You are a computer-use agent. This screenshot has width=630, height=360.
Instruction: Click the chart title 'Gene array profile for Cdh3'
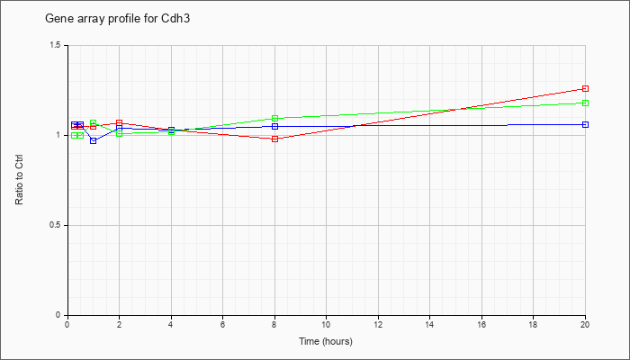(117, 19)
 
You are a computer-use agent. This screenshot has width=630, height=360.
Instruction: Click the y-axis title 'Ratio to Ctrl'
(19, 179)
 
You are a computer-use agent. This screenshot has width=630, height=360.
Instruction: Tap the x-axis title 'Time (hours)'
(326, 341)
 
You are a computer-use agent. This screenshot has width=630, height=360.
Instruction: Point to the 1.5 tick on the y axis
(56, 45)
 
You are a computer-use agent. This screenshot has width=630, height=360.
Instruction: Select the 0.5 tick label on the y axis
(56, 225)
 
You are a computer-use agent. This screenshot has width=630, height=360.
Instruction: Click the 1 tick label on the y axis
(59, 135)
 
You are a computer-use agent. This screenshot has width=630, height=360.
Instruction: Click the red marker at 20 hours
(585, 88)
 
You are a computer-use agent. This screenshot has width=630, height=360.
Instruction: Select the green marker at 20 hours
(585, 103)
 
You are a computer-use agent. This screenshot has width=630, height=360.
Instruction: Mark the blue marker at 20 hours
(585, 124)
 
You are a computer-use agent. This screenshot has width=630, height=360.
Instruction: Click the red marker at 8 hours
(274, 139)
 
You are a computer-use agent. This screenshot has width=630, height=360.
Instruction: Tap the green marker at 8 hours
(274, 118)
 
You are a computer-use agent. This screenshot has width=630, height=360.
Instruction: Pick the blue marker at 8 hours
(274, 126)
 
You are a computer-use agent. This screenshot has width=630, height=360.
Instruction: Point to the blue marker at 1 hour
(94, 140)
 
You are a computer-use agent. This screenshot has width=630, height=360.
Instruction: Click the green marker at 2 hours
(119, 133)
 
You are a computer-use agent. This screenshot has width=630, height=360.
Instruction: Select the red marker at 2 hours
(119, 122)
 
